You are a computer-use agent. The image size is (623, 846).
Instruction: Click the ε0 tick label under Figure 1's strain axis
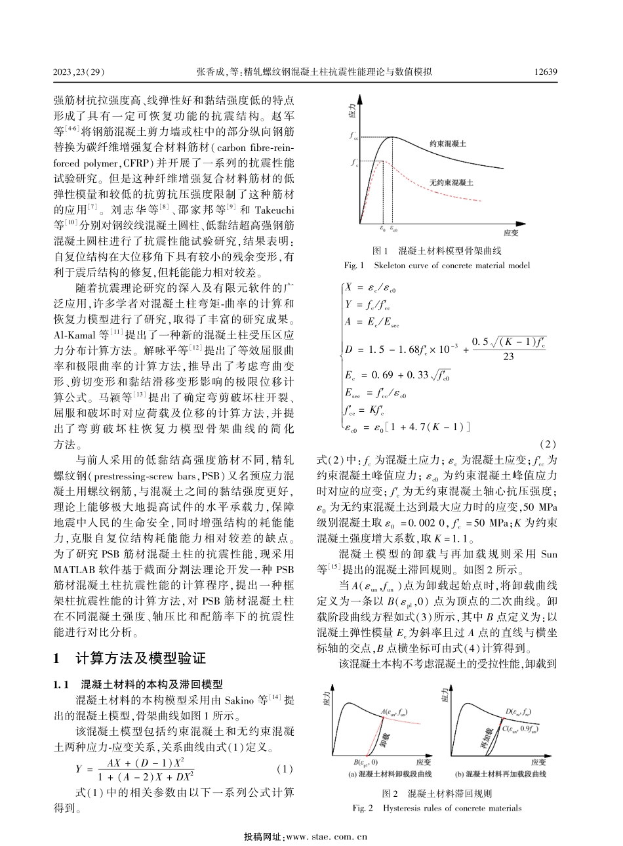tap(383, 230)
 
